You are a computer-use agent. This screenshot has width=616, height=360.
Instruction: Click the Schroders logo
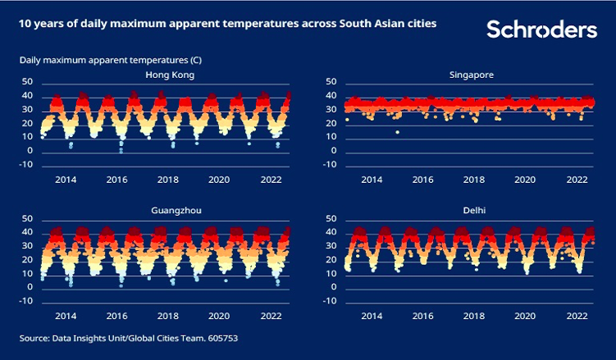point(541,30)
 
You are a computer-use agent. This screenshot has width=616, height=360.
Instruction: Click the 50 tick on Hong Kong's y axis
point(27,82)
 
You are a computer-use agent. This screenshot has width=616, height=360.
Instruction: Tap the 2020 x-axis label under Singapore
point(523,179)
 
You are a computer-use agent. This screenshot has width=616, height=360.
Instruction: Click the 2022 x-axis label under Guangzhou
point(271,315)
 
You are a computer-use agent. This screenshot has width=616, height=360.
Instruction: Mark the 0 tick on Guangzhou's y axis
point(30,287)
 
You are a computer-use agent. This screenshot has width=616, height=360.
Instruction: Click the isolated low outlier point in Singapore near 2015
point(397,132)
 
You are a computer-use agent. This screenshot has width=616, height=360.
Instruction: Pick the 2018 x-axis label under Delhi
point(473,315)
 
